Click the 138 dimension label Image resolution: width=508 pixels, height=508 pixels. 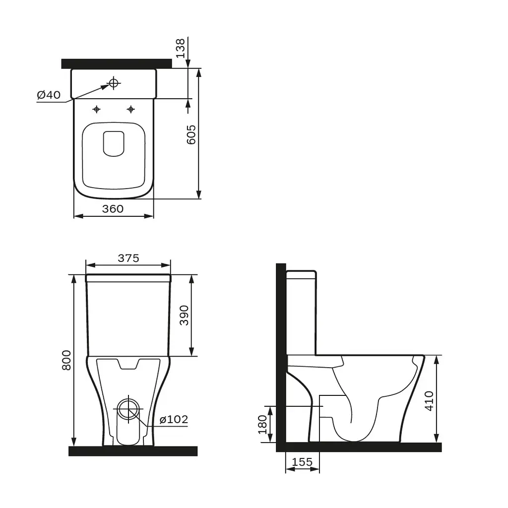pyautogui.click(x=181, y=48)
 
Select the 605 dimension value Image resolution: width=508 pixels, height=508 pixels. pyautogui.click(x=191, y=135)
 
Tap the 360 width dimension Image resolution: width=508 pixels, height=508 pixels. pyautogui.click(x=113, y=209)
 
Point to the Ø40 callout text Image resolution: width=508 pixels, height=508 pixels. pyautogui.click(x=49, y=95)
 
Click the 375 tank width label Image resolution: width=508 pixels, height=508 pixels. pyautogui.click(x=128, y=258)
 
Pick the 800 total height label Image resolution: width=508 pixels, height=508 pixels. pyautogui.click(x=66, y=360)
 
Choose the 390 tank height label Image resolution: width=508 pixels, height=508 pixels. pyautogui.click(x=184, y=315)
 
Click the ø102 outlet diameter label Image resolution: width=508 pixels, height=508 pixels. pyautogui.click(x=174, y=419)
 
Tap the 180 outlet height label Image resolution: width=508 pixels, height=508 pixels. pyautogui.click(x=262, y=425)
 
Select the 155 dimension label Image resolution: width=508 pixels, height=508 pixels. pyautogui.click(x=302, y=462)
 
